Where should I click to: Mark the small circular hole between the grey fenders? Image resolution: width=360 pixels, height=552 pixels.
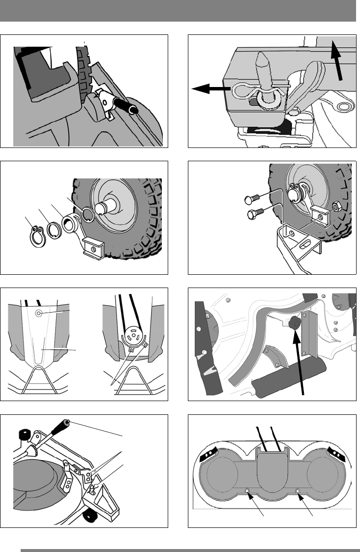pyautogui.click(x=41, y=312)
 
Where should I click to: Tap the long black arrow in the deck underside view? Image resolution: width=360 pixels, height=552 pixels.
pyautogui.click(x=300, y=364)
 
